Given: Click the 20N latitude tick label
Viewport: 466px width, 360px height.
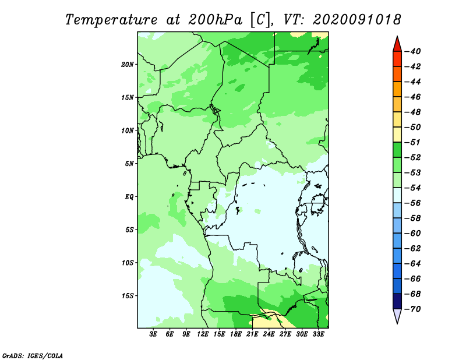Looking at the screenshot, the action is [128, 65].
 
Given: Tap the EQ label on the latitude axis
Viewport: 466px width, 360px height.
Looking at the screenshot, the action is [129, 196].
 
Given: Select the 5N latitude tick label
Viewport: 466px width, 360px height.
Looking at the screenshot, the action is [129, 164].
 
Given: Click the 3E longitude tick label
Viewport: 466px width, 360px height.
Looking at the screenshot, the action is [153, 334].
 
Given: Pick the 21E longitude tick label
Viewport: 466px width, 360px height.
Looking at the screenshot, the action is [252, 334].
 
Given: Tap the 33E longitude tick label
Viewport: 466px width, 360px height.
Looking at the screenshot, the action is [318, 334].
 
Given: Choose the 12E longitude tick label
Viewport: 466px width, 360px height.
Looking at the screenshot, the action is [202, 334].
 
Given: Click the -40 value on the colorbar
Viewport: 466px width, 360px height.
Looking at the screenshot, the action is [412, 51].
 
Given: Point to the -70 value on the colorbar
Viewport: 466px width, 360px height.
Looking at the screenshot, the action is [412, 309].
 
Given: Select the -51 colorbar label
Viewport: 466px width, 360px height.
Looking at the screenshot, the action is [412, 142].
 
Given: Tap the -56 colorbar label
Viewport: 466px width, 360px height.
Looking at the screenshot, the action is [412, 203].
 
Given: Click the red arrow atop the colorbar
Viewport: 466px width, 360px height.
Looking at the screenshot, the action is [397, 45].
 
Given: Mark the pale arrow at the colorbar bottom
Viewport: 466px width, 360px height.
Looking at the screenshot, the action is [397, 316].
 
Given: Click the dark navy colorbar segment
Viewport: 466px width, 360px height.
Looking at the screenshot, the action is [397, 301].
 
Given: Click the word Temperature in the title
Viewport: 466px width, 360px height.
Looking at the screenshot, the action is [111, 20].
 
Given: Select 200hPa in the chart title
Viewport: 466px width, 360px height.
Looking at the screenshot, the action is [215, 20].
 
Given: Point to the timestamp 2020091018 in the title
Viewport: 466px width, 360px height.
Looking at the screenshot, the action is [356, 20].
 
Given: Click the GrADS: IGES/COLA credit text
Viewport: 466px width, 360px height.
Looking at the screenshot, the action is [33, 356].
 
